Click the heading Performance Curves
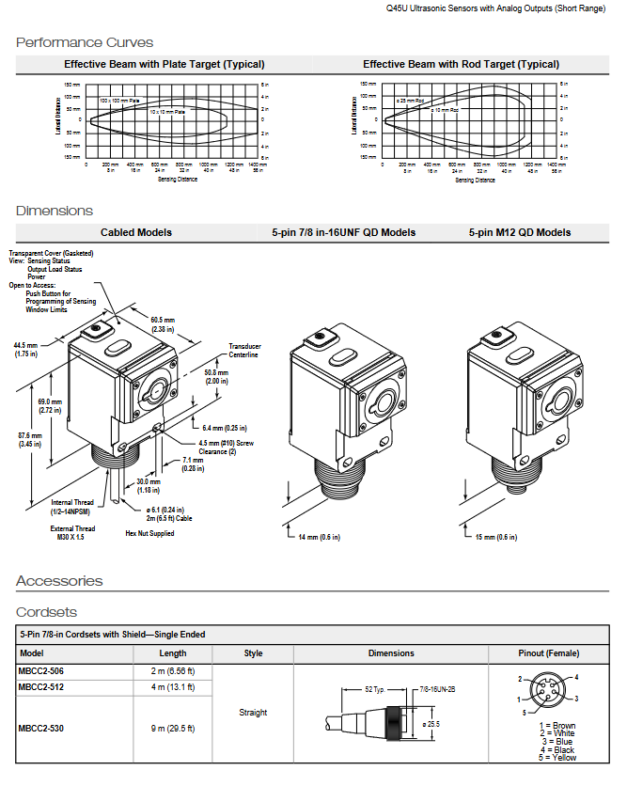(x=85, y=42)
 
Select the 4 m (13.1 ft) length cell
(x=173, y=686)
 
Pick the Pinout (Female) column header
(x=549, y=653)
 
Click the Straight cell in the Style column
(x=254, y=713)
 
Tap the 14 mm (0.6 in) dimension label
(x=319, y=537)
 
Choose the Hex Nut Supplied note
(x=149, y=533)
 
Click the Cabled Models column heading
(x=136, y=232)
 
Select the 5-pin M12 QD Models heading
(x=520, y=232)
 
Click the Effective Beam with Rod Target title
(x=461, y=64)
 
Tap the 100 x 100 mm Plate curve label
(x=119, y=100)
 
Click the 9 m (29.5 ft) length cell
(x=173, y=729)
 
